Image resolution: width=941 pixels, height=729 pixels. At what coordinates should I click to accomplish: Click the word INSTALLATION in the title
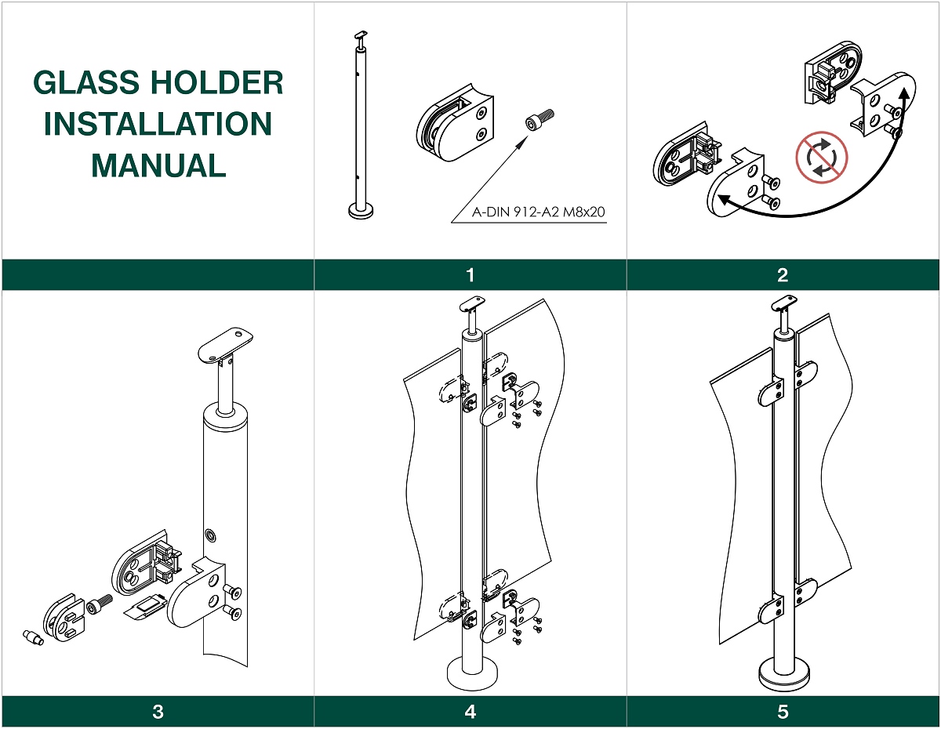tap(158, 124)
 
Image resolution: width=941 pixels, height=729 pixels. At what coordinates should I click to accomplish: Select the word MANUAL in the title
tap(158, 165)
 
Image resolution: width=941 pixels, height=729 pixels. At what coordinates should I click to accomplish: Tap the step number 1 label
tap(470, 275)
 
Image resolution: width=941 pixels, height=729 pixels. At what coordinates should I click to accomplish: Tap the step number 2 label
tap(783, 275)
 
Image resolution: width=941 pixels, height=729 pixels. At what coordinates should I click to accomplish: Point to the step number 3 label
tap(158, 712)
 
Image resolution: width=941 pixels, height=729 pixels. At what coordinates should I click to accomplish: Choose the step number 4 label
tap(470, 712)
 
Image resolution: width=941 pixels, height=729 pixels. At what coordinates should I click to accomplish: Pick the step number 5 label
tap(783, 712)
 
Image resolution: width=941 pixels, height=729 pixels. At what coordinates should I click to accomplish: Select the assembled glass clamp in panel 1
tap(456, 124)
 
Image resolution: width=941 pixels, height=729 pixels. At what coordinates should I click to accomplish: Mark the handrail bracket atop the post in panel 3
tap(224, 344)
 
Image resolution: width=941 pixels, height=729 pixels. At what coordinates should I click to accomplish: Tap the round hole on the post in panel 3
tap(211, 535)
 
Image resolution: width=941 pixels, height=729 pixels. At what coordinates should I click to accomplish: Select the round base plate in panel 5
tap(782, 675)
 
